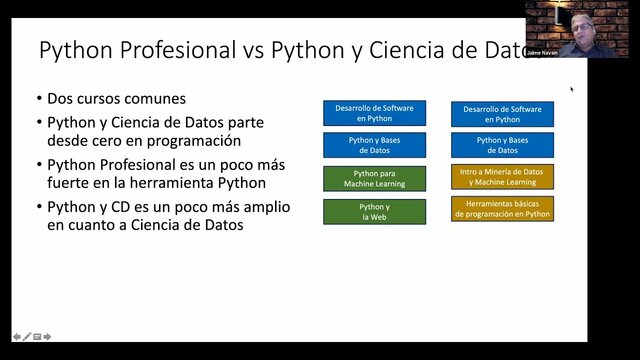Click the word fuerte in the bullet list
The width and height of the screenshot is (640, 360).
tap(74, 183)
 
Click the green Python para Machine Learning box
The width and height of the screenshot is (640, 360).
tap(374, 179)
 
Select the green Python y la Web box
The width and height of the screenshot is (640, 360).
tap(374, 211)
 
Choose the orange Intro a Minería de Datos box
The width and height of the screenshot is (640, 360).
tap(502, 177)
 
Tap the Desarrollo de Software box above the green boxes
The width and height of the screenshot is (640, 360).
tap(374, 113)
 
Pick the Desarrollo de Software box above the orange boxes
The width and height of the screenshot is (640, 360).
tap(502, 113)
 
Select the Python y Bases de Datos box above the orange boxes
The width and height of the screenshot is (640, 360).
tap(502, 146)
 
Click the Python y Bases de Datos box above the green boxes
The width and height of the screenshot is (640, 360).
tap(374, 146)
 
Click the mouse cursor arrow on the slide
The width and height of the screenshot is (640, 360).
tap(572, 89)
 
